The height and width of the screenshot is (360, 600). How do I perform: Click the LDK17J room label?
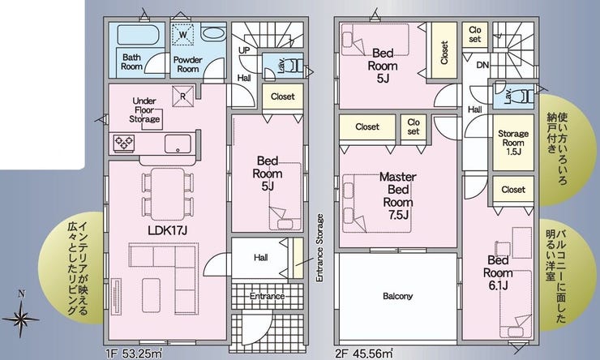[167, 230]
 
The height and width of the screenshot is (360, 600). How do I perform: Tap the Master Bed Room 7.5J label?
[398, 196]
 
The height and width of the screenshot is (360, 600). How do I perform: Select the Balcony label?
[397, 296]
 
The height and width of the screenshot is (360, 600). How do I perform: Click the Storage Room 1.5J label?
[513, 143]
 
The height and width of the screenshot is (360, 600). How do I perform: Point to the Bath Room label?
[131, 62]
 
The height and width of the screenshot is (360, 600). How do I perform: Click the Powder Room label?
[187, 64]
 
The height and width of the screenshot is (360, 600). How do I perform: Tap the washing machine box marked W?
[183, 35]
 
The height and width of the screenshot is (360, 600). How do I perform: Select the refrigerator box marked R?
[182, 96]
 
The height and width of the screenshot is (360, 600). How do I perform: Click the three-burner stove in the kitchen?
[124, 143]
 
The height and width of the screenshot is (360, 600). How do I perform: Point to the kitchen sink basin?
[178, 144]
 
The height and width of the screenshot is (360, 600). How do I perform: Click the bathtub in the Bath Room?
[138, 35]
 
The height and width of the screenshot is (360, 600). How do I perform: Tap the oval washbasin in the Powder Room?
[213, 32]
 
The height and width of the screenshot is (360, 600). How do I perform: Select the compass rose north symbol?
[21, 317]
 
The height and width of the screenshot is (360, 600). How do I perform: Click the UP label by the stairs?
[244, 50]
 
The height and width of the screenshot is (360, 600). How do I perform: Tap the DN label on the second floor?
[483, 66]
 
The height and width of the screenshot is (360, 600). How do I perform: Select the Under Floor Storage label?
[144, 109]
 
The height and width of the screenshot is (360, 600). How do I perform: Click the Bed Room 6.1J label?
[498, 272]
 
